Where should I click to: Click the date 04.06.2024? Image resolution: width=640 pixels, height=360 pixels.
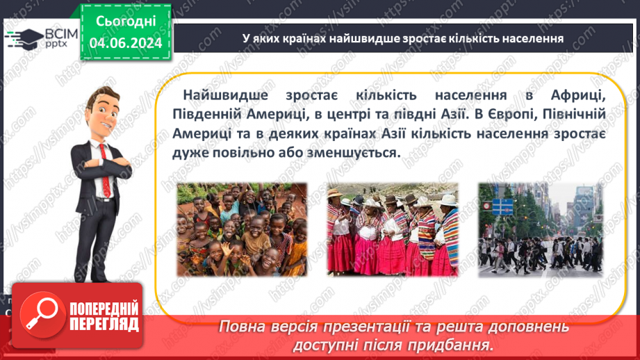coord(126,43)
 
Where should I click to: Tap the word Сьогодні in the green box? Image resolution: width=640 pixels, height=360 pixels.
coord(126,21)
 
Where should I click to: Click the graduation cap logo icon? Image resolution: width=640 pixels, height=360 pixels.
coord(21,38)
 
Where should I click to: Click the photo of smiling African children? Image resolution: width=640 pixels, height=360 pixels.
coord(241,229)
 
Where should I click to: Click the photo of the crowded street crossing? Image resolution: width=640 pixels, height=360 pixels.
coord(541,229)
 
